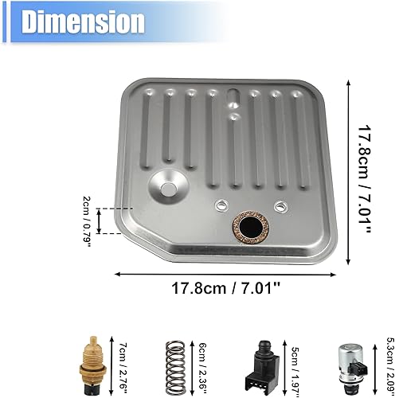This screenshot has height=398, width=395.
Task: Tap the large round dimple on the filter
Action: [169, 189]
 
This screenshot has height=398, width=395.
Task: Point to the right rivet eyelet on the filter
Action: [280, 208]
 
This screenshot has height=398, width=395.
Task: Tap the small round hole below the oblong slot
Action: [236, 117]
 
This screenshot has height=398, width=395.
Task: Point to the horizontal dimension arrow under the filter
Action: [224, 273]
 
